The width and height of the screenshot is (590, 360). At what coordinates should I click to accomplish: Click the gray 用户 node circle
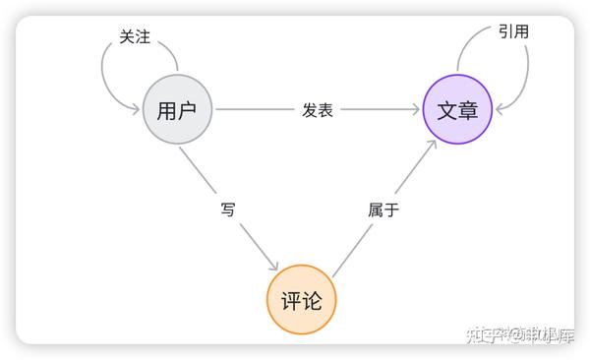tap(177, 109)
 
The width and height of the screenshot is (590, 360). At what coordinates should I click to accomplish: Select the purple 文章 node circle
tap(457, 109)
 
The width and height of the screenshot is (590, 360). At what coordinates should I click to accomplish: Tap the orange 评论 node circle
tap(302, 300)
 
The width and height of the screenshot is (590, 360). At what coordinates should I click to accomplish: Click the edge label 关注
tap(135, 36)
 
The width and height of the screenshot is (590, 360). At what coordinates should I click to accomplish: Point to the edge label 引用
tap(513, 31)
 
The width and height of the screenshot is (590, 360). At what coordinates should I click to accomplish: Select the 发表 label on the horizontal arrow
tap(317, 110)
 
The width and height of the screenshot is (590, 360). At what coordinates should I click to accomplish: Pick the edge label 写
tap(228, 209)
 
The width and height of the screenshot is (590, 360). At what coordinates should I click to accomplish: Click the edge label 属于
tap(383, 209)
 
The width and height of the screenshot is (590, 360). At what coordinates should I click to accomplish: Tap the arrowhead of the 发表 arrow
tap(416, 109)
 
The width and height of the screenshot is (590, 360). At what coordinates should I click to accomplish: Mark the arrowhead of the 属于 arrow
tap(435, 144)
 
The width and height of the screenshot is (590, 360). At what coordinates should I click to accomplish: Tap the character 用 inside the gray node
tap(167, 109)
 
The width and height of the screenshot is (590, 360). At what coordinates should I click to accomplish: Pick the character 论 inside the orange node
tap(313, 300)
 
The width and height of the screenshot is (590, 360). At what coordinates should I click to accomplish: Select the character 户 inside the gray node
tap(188, 109)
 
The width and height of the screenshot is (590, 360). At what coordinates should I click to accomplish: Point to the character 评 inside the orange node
tap(291, 300)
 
